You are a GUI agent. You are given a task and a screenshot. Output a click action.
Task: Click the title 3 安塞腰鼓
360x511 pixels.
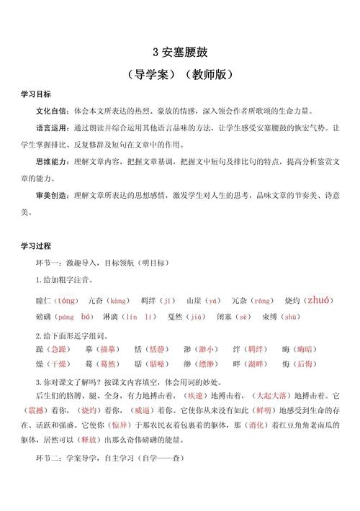tap(180, 52)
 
